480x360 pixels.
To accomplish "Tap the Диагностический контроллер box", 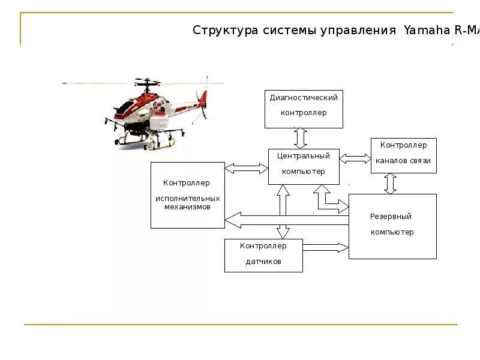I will [304, 109].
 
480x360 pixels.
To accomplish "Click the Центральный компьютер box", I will [304, 166].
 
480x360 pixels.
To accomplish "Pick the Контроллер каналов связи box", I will [403, 155].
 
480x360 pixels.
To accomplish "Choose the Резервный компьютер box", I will [392, 226].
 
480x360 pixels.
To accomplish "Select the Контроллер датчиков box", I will [263, 255].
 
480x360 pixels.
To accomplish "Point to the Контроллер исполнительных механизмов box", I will [187, 194].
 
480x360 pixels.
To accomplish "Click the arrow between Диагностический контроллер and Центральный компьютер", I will [301, 138].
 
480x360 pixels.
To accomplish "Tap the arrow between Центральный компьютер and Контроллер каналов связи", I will [355, 159].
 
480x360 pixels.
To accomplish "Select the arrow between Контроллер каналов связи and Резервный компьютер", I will [391, 184].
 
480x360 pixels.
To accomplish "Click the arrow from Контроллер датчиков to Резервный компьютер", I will [326, 247].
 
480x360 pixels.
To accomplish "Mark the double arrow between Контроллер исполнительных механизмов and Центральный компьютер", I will [246, 169].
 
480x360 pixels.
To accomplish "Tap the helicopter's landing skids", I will [144, 144].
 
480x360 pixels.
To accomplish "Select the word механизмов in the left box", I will [187, 206].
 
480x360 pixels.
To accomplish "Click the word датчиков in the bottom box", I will [263, 262].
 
